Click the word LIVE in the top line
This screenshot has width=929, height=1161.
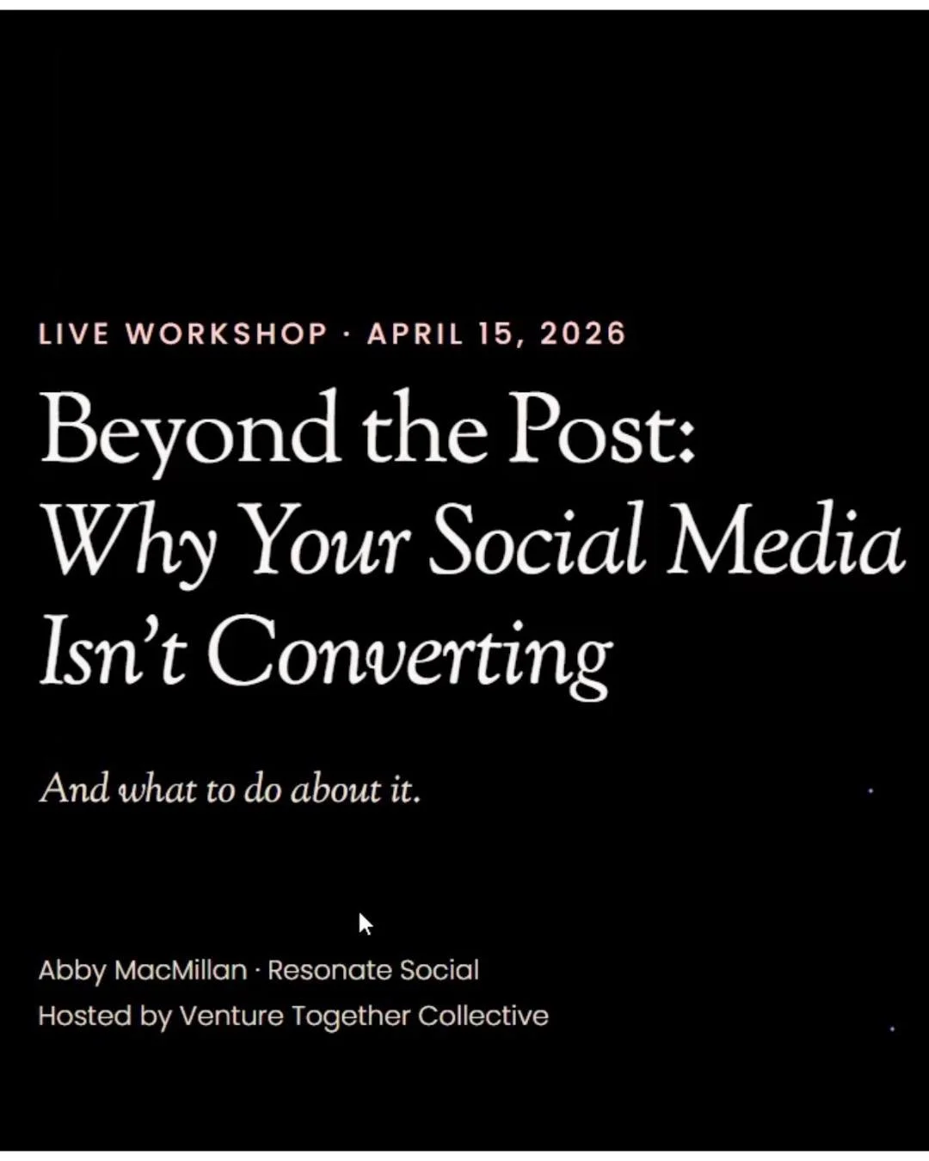tap(74, 334)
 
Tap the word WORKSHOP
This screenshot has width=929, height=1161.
tap(227, 334)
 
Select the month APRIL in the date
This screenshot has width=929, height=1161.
tap(415, 334)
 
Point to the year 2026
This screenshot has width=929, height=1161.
tap(582, 334)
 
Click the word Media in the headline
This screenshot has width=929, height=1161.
tap(784, 542)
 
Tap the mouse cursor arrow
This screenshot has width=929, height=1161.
tap(365, 924)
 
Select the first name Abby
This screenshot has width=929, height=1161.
tap(72, 971)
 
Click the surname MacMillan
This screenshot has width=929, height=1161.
tap(181, 970)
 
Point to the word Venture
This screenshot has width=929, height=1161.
tap(231, 1016)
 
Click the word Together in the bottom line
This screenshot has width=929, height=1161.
tap(350, 1017)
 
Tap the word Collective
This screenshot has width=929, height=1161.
tap(483, 1016)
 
